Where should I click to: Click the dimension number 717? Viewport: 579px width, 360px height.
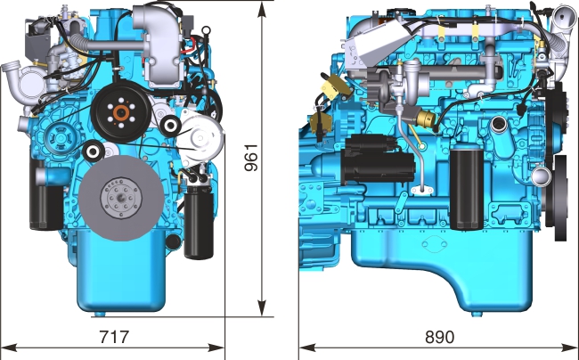115,336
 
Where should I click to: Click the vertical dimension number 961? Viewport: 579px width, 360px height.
251,158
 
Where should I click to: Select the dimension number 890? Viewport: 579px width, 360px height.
440,336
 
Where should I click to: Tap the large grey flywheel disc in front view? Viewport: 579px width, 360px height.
121,198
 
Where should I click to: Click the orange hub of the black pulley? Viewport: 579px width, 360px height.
121,112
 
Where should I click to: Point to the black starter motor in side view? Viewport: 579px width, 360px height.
379,160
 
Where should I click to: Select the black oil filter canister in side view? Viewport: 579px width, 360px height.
467,188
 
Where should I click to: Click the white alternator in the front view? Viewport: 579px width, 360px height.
200,139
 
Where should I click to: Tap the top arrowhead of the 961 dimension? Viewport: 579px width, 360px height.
262,10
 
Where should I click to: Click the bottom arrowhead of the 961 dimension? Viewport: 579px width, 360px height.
262,308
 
